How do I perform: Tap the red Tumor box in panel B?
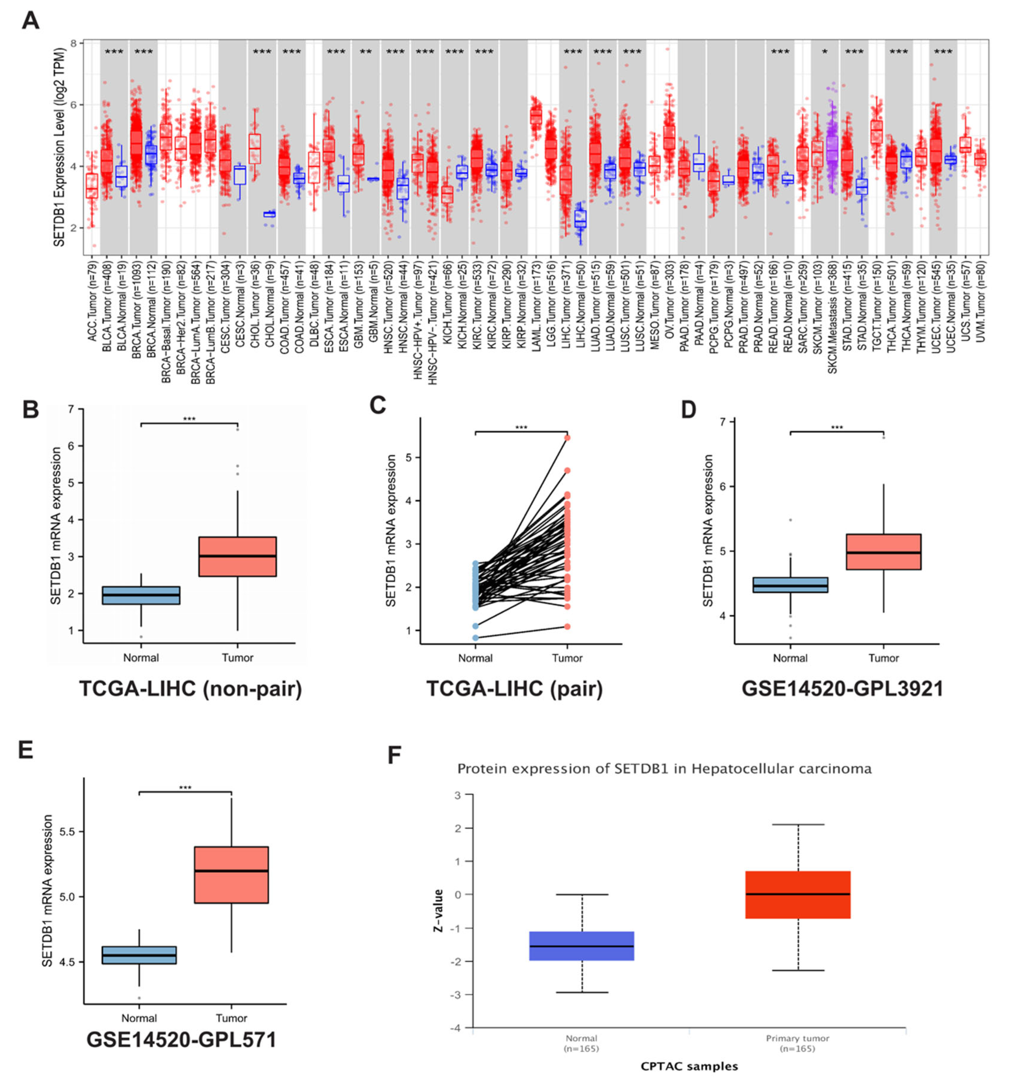click(x=237, y=556)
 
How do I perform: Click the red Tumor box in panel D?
click(x=883, y=552)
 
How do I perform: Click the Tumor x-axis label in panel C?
click(x=567, y=658)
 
